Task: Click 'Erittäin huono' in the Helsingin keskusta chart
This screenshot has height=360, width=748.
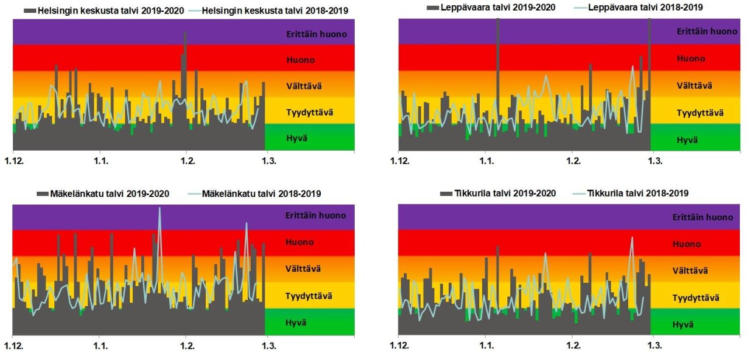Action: [317, 34]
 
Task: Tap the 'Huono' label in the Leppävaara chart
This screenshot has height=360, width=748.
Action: [691, 58]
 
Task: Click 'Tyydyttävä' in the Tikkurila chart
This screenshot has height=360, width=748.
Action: [695, 298]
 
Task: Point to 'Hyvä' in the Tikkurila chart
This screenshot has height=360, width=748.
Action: [684, 324]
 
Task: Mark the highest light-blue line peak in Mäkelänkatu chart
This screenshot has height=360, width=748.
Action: [159, 209]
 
